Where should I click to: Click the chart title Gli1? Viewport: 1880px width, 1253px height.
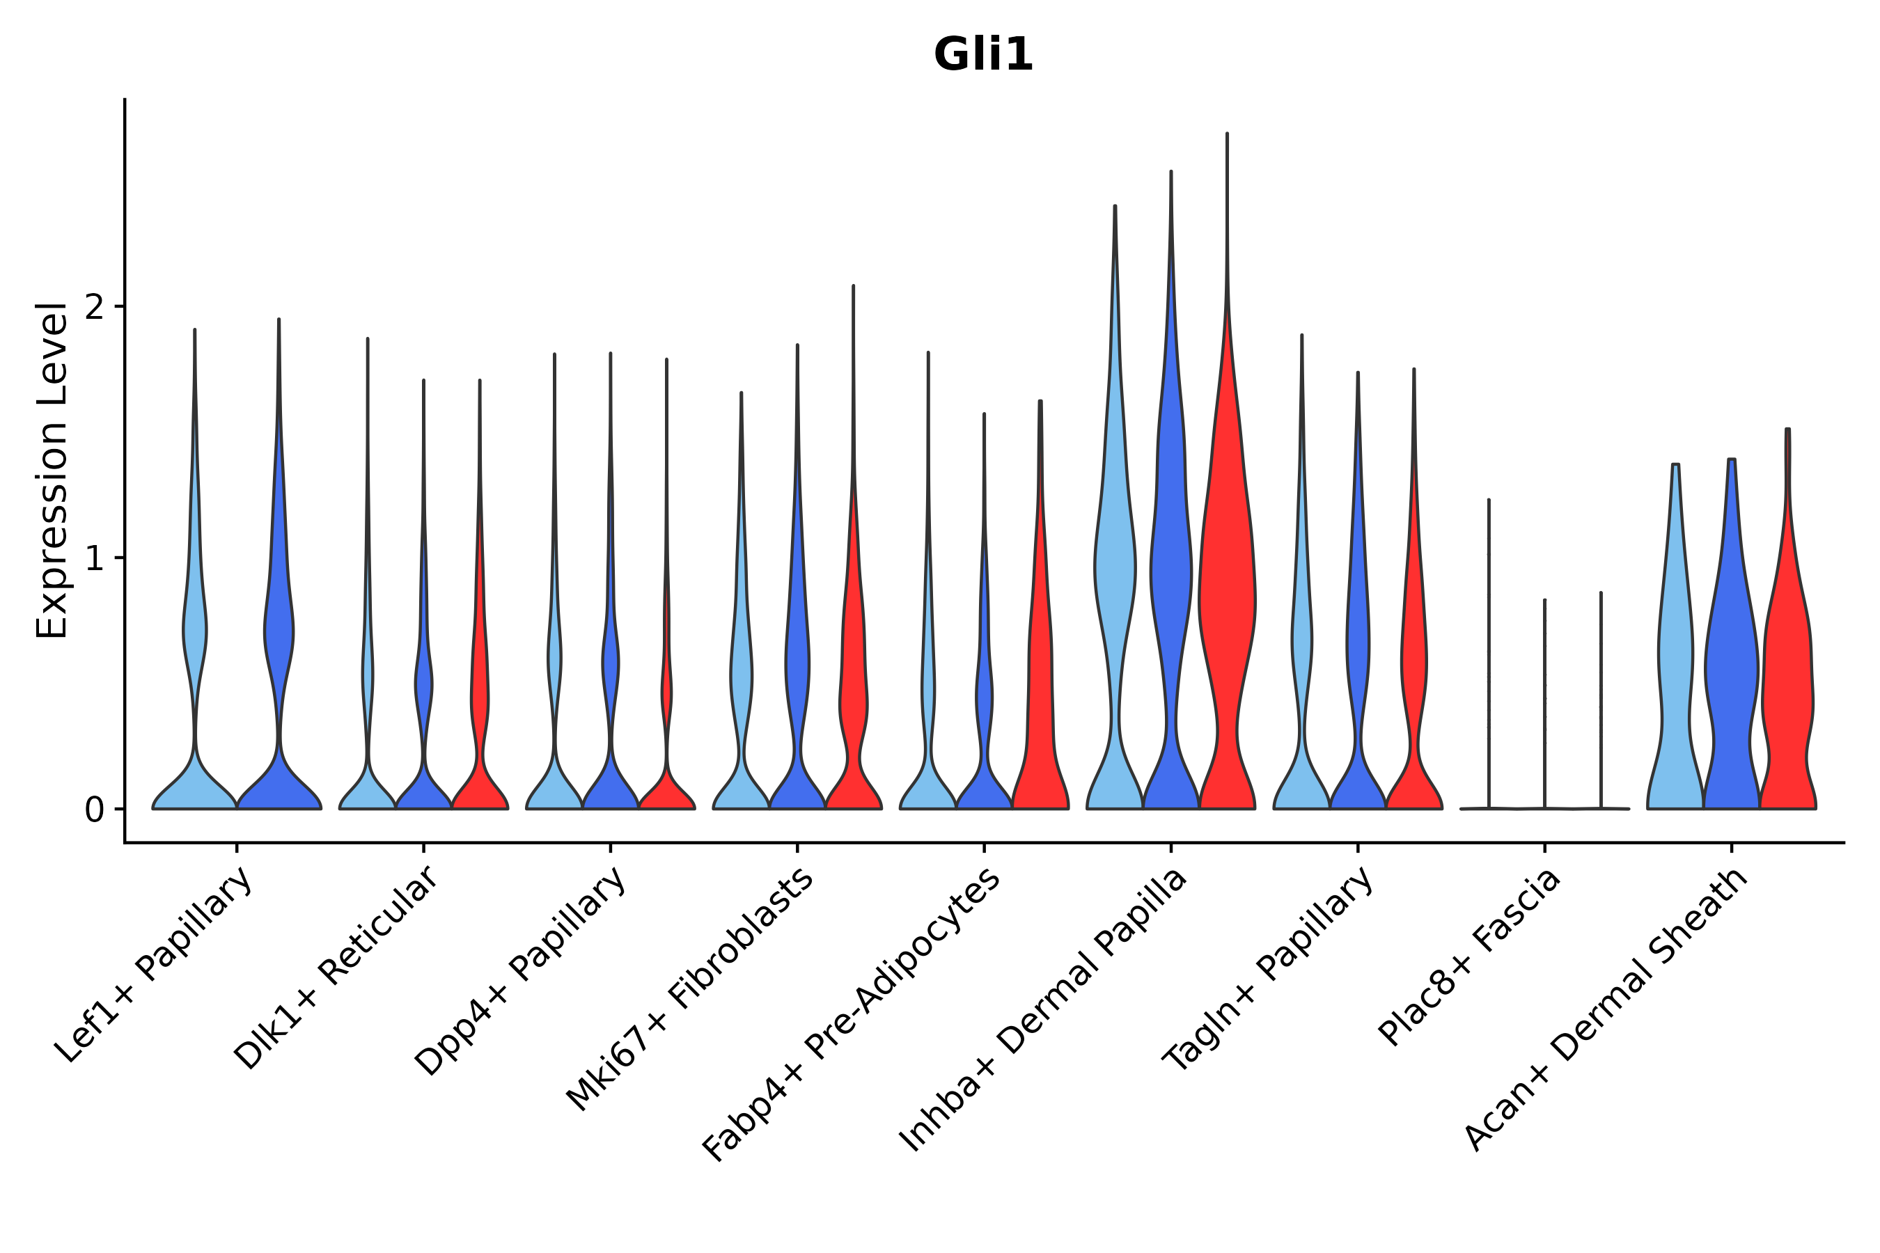pyautogui.click(x=983, y=56)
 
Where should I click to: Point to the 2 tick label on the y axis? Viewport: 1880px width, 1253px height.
pyautogui.click(x=94, y=308)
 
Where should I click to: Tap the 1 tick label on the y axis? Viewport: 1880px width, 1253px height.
pyautogui.click(x=94, y=558)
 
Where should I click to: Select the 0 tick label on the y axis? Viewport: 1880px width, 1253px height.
pyautogui.click(x=94, y=810)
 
